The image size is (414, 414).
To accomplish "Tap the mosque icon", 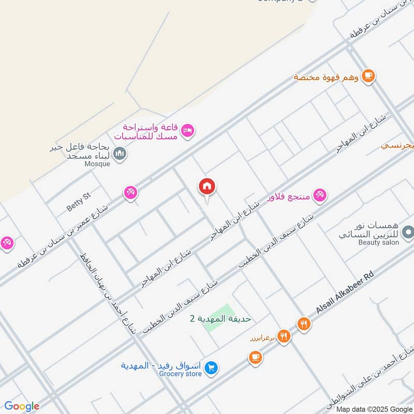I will point(120,154).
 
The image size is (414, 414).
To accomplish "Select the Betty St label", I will point(78,201).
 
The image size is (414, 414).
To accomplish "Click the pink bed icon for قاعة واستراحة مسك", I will point(188,130).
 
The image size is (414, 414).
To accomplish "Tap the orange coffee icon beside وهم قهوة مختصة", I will point(368,76).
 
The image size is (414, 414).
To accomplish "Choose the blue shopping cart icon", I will point(211,368).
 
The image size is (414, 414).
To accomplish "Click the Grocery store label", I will point(181,373).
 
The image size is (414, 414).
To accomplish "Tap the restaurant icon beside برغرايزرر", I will point(283,337).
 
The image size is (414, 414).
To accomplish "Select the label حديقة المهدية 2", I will point(220,318).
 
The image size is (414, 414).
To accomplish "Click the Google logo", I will point(22,406).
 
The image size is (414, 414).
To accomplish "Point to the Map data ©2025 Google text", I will point(377,409).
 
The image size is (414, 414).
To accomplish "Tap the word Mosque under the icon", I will point(98,164).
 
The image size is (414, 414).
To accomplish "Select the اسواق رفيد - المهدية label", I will point(162,365).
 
